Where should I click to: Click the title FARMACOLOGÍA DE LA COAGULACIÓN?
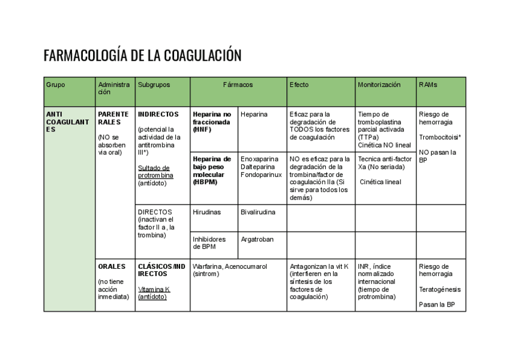click(x=142, y=56)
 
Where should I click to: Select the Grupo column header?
click(x=55, y=85)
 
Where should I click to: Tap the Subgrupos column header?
click(x=154, y=85)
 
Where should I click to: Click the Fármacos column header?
click(x=238, y=85)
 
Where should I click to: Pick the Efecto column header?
click(x=299, y=85)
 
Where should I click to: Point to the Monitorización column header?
click(x=379, y=85)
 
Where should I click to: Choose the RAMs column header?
click(x=428, y=85)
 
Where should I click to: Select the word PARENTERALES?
click(x=113, y=118)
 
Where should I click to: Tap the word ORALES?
click(x=112, y=266)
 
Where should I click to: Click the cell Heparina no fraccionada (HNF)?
click(x=212, y=122)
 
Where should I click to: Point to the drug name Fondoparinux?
click(x=261, y=175)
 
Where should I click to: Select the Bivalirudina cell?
click(x=258, y=212)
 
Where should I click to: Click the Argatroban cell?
click(x=257, y=239)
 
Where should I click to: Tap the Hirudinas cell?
click(x=206, y=212)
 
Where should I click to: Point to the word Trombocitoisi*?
click(x=439, y=137)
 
